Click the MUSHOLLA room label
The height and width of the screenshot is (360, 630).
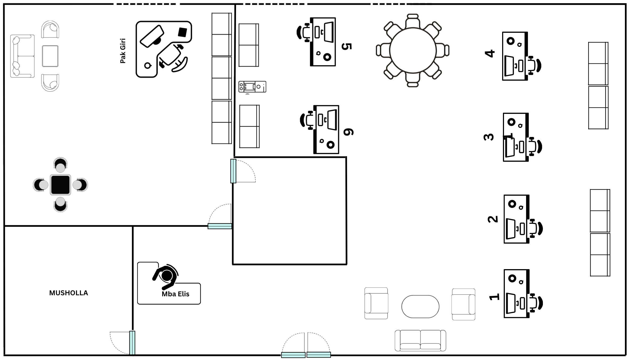coord(68,293)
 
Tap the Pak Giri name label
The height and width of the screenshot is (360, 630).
coord(123,51)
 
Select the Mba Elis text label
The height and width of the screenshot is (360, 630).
coord(176,294)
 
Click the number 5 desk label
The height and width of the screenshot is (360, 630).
coord(347,46)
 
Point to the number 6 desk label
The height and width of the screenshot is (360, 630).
coord(348,132)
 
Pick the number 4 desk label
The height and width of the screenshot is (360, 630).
coord(490,54)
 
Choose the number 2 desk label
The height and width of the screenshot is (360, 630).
coord(493,219)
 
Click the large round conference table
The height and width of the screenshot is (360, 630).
coord(413,50)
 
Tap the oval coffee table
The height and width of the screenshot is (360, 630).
coord(420,306)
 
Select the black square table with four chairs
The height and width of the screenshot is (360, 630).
coord(60,185)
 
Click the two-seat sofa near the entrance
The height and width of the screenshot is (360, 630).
coord(420,341)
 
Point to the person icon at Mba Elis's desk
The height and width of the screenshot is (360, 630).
coord(166,277)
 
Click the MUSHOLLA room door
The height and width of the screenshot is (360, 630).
coord(132,343)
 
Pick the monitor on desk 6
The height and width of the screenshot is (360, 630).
coord(332,120)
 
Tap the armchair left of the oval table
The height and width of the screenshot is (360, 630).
coord(376,303)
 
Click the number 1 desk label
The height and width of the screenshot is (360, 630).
coord(494,297)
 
